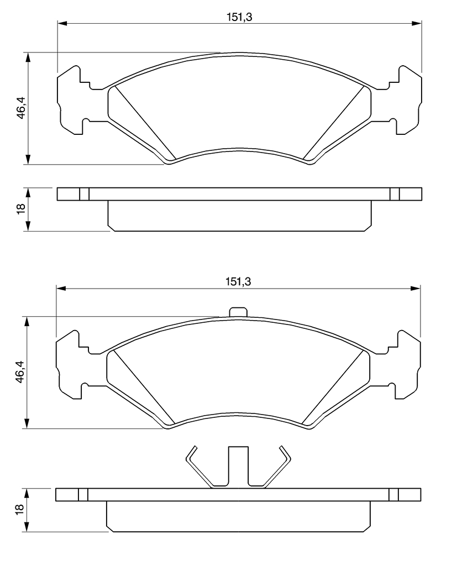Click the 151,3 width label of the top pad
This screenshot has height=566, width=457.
(x=239, y=17)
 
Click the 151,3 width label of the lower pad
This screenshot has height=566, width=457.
(x=238, y=281)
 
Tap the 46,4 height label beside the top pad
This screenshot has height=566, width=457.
(x=22, y=108)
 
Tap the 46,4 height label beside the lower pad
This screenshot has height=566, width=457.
(x=20, y=373)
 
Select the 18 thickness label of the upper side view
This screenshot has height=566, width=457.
(x=21, y=208)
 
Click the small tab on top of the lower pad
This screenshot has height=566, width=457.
(x=238, y=312)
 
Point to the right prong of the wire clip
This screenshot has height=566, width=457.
(x=277, y=467)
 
